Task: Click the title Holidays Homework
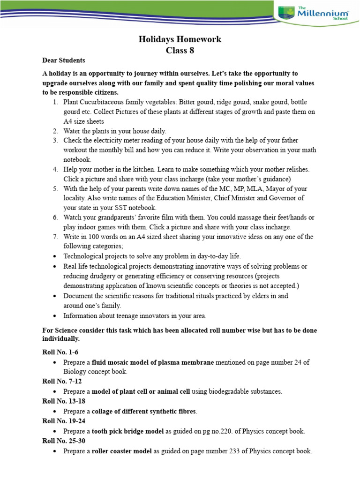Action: coord(180,39)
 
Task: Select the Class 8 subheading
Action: coord(180,51)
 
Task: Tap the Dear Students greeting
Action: coord(64,60)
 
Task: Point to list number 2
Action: coord(55,131)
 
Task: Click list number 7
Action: coord(55,237)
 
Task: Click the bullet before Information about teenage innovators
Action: coord(55,315)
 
